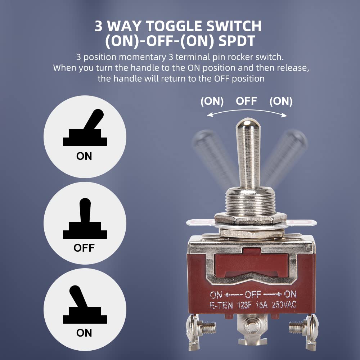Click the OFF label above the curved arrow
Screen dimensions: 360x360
click(246, 101)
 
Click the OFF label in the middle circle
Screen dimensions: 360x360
click(84, 248)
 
